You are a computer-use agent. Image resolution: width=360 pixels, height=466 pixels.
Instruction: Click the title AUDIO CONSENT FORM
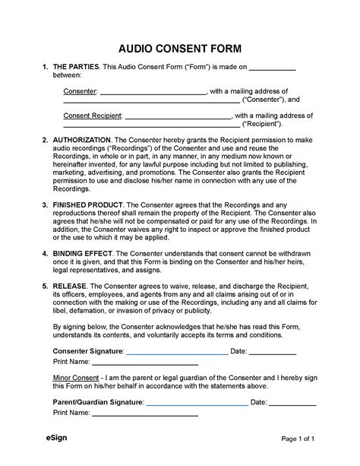point(180,44)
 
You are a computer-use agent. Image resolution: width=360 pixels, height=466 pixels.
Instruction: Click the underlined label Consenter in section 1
point(80,92)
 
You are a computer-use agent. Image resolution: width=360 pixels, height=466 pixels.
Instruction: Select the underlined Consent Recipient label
point(91,116)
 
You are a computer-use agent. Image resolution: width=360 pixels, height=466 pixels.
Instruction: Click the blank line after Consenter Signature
point(176,352)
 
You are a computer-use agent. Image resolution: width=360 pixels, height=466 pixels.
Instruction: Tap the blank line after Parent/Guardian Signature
point(197,402)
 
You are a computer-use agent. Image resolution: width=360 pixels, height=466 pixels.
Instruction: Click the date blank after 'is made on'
point(273,68)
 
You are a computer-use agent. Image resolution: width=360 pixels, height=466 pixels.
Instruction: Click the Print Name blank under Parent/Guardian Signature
point(144,414)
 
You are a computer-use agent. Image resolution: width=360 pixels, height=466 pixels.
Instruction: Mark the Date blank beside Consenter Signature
point(273,352)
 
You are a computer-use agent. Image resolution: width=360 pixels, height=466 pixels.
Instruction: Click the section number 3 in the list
point(45,204)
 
